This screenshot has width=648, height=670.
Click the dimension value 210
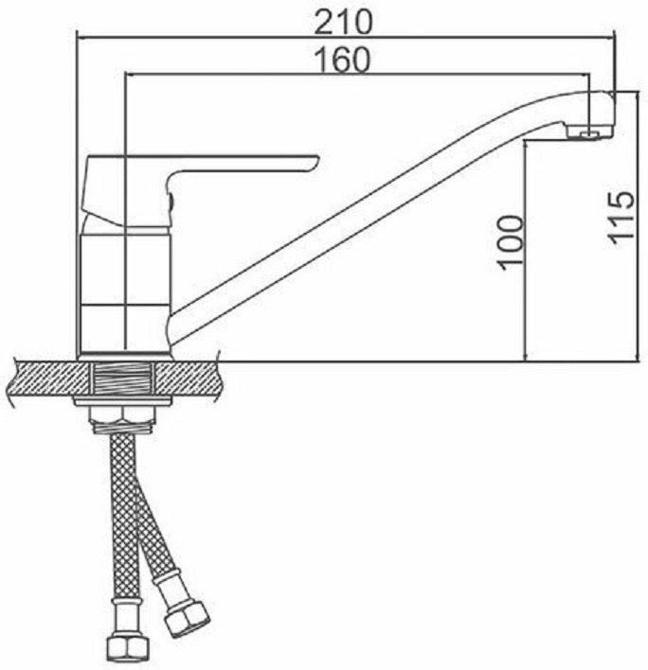click(x=344, y=22)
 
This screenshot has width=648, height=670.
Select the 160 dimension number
click(x=342, y=60)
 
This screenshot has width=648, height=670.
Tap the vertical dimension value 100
click(x=512, y=242)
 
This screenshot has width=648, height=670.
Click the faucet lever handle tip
click(x=315, y=160)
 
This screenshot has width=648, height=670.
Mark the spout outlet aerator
click(x=589, y=133)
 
